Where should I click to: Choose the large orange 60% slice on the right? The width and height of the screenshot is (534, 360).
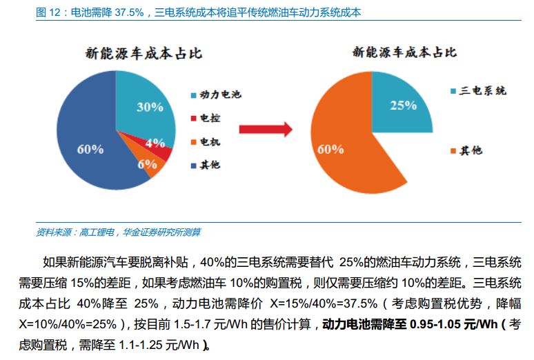[x=345, y=148]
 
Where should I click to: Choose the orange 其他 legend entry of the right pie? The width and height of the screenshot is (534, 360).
[x=471, y=150]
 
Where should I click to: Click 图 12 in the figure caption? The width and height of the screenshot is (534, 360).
[x=48, y=12]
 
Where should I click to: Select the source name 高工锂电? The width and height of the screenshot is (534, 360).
[x=97, y=232]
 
